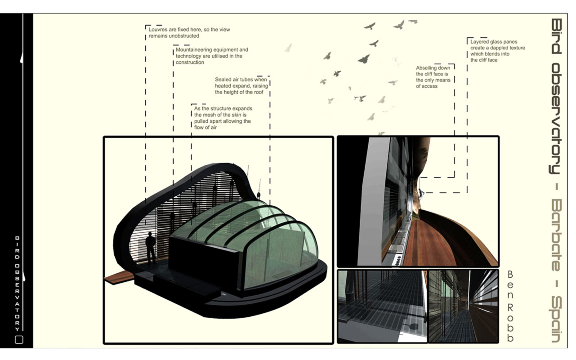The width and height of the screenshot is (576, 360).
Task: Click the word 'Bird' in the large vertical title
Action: pos(556,36)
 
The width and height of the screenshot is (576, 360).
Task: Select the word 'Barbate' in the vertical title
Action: pos(556,235)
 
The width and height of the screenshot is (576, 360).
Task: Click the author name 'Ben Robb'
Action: pos(511,307)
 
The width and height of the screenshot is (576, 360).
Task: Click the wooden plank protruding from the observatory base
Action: pos(119,277)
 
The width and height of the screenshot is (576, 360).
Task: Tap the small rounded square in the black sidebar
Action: pos(19,339)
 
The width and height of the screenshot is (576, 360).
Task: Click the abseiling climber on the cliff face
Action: pos(421,194)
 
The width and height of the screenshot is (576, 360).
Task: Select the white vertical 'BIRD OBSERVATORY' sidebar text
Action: pos(17,284)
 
